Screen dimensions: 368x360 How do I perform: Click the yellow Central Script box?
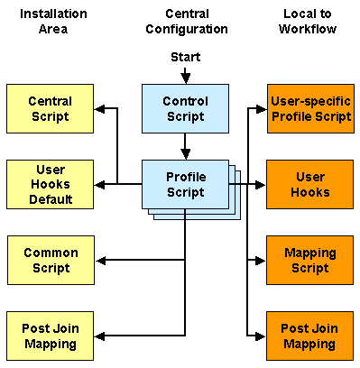click(50, 109)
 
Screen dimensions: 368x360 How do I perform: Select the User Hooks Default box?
click(50, 184)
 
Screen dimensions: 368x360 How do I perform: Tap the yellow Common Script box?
click(50, 261)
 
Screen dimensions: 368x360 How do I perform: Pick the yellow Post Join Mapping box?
click(50, 336)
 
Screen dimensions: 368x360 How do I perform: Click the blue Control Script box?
click(185, 109)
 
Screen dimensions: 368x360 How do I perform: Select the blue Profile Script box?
click(185, 184)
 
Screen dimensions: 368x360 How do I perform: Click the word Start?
click(185, 58)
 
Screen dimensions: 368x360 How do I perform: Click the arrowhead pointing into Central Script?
click(100, 110)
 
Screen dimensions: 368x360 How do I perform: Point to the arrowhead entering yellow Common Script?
click(100, 261)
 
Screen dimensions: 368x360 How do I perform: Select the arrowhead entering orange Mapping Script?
click(262, 261)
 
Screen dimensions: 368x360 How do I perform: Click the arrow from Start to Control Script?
click(185, 76)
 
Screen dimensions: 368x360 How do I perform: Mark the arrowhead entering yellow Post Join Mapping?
click(100, 336)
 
